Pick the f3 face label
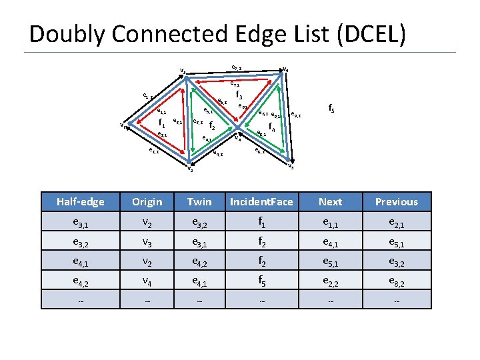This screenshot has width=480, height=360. pyautogui.click(x=239, y=96)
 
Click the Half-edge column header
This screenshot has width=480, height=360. pyautogui.click(x=81, y=201)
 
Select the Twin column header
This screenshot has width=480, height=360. pyautogui.click(x=199, y=201)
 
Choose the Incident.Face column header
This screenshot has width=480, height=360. pyautogui.click(x=261, y=201)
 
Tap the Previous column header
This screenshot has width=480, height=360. pyautogui.click(x=396, y=201)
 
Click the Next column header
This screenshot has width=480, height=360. pyautogui.click(x=330, y=201)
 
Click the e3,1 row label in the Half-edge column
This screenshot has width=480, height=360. pyautogui.click(x=81, y=222)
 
